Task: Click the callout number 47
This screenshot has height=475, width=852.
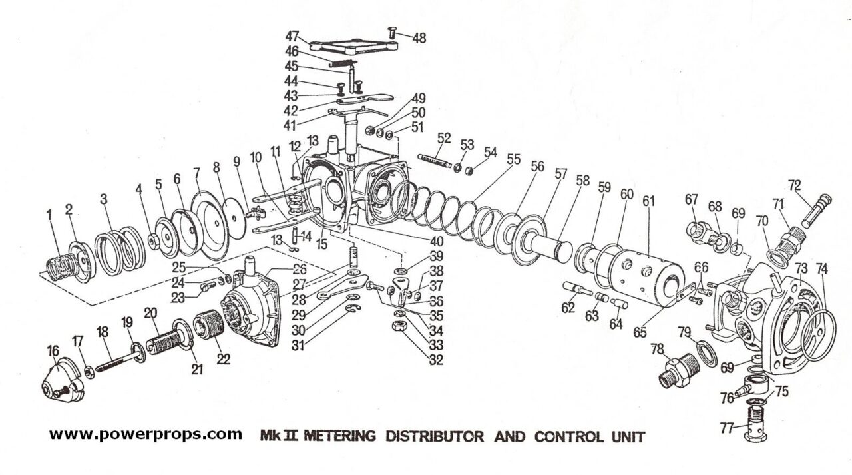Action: point(292,36)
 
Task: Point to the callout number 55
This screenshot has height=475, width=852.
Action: point(513,160)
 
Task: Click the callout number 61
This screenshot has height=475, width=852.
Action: point(649,200)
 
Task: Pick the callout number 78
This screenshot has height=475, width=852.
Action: point(658,349)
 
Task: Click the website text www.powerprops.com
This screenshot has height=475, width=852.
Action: point(146,435)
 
